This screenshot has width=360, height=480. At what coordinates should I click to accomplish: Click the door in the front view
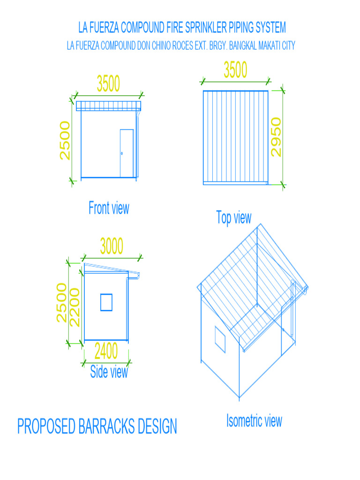tap(127, 153)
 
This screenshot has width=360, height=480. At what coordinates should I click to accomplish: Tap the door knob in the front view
tap(122, 153)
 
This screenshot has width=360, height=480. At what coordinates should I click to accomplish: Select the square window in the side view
tap(106, 302)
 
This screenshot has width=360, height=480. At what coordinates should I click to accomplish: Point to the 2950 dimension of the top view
tap(276, 137)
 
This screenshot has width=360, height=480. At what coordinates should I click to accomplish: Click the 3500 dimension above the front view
tap(108, 84)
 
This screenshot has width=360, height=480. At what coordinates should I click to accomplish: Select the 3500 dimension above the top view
tap(235, 70)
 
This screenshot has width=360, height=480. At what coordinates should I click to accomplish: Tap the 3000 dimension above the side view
tap(112, 246)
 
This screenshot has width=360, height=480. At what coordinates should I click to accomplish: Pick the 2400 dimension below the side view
tap(106, 351)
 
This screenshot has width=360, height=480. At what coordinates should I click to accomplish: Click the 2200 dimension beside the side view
tap(75, 307)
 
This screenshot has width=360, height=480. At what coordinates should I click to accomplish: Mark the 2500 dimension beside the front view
tap(65, 141)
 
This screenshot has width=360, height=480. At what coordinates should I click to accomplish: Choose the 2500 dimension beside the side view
tap(61, 302)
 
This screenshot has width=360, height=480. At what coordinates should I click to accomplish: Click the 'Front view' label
tap(109, 208)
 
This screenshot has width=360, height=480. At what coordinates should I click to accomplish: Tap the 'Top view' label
tap(233, 217)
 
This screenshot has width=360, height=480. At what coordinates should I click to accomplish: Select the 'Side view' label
tap(109, 372)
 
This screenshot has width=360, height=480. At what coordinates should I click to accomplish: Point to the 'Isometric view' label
tap(254, 420)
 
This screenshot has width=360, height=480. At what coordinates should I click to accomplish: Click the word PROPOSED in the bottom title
tap(46, 427)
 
